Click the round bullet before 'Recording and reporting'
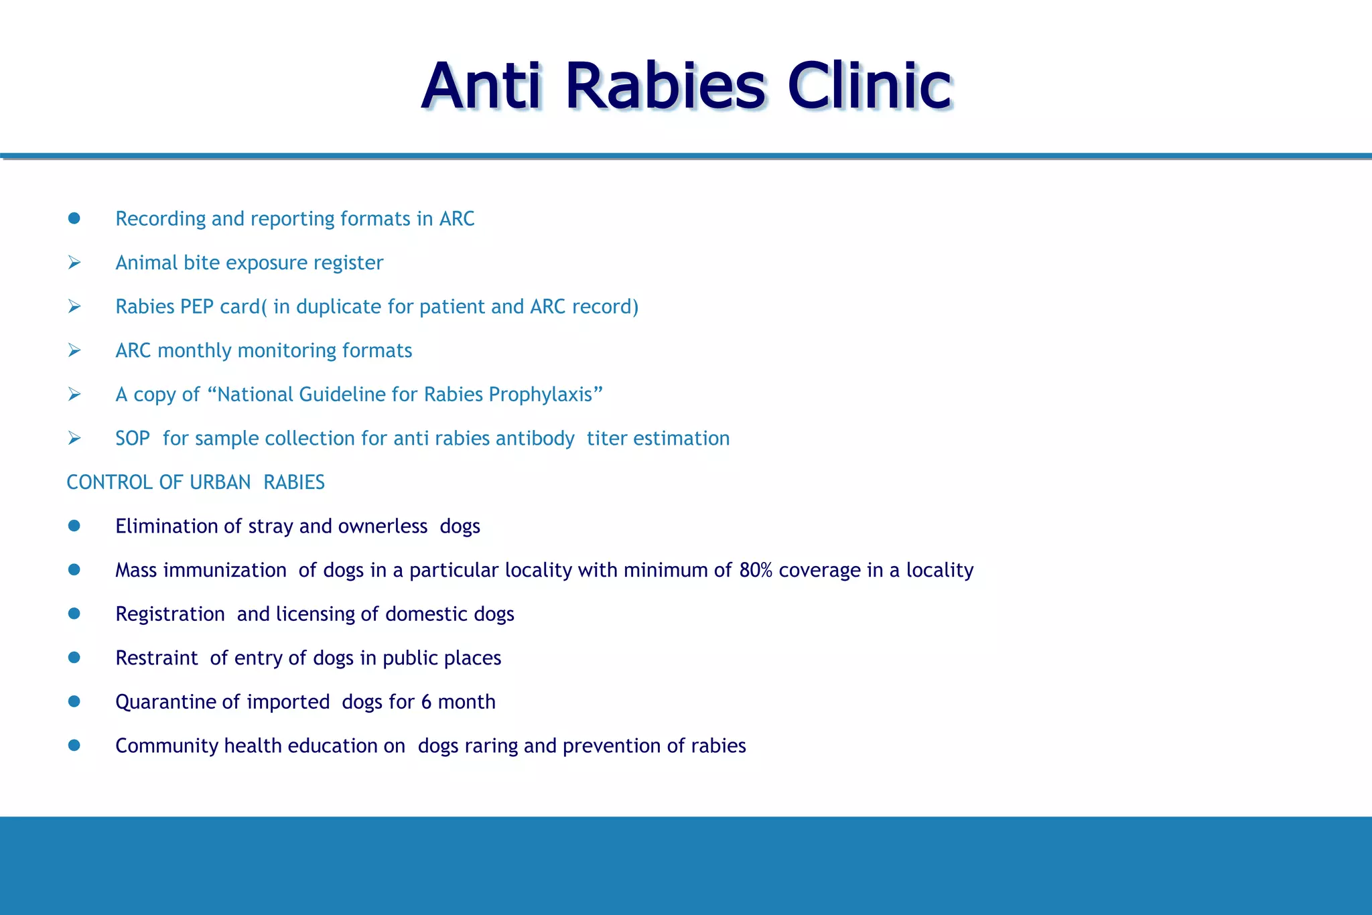point(74,218)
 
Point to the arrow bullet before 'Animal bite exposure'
point(74,263)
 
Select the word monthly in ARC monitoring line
point(194,351)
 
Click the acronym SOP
point(132,439)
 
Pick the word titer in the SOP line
point(606,439)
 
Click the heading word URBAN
point(220,482)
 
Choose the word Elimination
point(167,526)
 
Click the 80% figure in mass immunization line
point(756,570)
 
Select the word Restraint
point(157,658)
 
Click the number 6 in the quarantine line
point(426,702)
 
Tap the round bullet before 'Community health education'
point(74,746)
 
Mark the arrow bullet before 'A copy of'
point(74,395)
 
